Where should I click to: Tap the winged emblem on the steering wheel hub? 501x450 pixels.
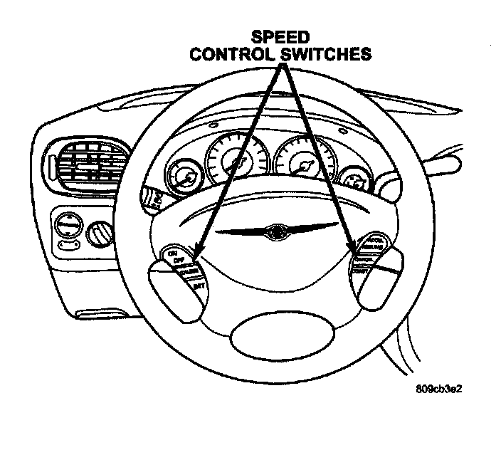[x=275, y=231]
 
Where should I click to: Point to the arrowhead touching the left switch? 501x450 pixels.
[x=197, y=251]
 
